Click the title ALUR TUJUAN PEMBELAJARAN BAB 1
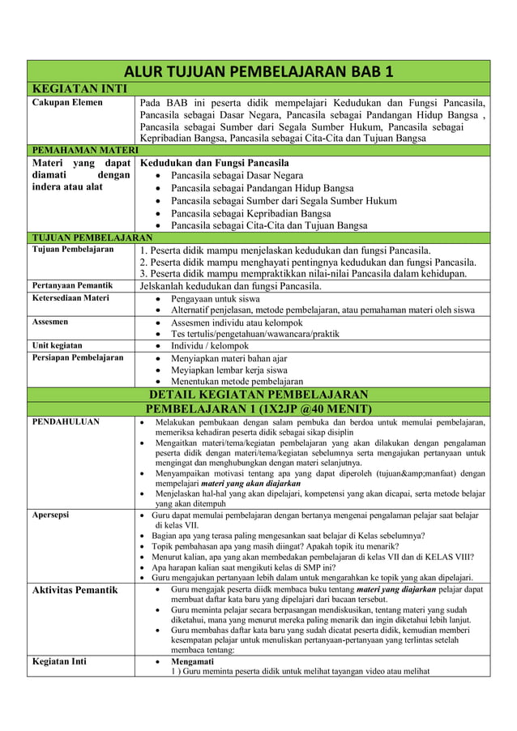tap(258, 71)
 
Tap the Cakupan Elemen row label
tap(67, 103)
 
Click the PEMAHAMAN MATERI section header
tap(85, 150)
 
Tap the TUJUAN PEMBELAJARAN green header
tap(92, 237)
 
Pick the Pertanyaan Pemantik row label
tap(71, 286)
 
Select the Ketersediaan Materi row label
tap(70, 298)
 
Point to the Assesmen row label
tap(50, 322)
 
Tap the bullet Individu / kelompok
tap(210, 346)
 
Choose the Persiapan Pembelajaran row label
tap(77, 357)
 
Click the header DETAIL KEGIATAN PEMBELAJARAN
tap(258, 395)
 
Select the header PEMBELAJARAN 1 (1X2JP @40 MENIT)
tap(258, 408)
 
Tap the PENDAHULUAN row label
tap(66, 422)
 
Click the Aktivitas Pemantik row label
tap(75, 590)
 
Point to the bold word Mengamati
tap(192, 661)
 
